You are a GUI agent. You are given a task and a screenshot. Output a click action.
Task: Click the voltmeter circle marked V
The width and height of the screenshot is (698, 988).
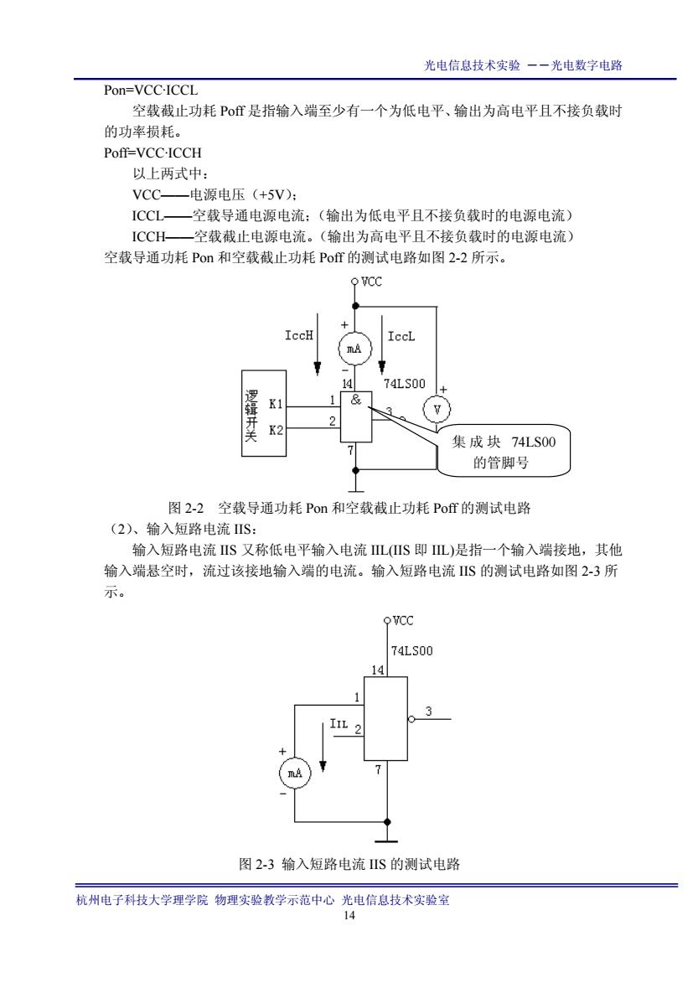(438, 410)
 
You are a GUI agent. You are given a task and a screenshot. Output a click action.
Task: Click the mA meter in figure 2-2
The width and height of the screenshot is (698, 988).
(354, 349)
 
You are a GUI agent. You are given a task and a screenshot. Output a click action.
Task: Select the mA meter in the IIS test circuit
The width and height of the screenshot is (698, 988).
(295, 773)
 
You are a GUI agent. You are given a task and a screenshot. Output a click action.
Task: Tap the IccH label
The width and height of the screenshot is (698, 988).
(298, 335)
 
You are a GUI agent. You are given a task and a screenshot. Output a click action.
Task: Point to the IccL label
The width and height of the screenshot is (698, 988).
(401, 337)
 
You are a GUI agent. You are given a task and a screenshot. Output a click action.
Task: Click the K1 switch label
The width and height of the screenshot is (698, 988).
(276, 404)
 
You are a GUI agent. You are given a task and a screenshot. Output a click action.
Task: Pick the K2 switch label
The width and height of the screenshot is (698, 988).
(276, 431)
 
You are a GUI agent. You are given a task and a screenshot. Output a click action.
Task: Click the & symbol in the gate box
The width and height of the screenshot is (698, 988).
(356, 400)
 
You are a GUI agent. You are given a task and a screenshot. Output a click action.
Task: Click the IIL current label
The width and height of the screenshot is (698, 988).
(339, 723)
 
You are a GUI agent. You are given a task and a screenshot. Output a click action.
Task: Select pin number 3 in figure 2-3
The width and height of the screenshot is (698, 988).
(428, 711)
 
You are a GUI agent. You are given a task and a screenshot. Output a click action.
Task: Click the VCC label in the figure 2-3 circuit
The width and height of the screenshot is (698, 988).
(403, 621)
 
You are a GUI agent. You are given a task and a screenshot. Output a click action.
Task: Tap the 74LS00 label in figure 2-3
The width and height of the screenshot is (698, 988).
(412, 651)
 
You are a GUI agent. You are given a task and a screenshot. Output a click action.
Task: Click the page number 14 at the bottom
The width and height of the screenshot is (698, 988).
(349, 916)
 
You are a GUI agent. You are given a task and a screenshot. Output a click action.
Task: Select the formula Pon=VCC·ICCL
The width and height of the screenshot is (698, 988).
(151, 91)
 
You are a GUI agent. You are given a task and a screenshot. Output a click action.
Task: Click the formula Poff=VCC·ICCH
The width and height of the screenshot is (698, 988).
(153, 153)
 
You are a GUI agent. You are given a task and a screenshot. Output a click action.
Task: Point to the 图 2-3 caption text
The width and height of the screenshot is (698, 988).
(349, 864)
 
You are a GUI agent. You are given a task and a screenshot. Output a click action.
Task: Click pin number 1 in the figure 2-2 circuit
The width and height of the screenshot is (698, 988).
(332, 400)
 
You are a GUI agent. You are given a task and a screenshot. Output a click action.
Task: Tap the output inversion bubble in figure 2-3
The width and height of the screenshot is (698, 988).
(411, 719)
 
